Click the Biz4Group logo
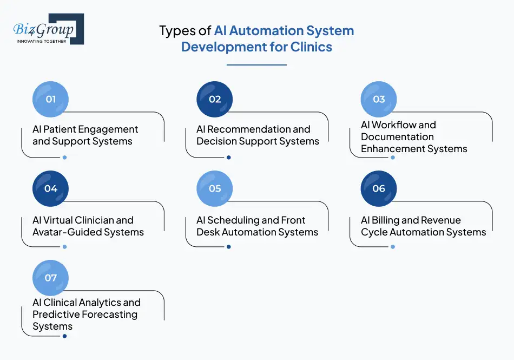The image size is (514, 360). point(48,28)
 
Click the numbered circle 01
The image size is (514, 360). point(51,99)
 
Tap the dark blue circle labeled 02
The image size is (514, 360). point(215,99)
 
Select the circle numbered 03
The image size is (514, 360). point(379,99)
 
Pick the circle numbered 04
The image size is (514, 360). point(51,188)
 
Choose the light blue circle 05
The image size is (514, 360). point(215,188)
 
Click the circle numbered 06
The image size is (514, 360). point(379,188)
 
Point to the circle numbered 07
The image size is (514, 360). point(51,278)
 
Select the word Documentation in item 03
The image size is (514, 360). point(397,137)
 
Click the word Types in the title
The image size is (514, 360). point(176,31)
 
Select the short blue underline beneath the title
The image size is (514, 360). point(256,65)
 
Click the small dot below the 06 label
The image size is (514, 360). point(393,247)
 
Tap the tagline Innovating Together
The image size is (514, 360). point(42,41)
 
